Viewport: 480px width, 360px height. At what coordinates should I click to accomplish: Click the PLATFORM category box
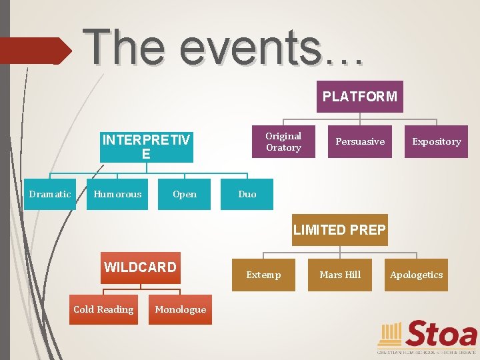tap(360, 97)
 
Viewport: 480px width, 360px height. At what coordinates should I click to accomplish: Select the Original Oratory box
tap(283, 141)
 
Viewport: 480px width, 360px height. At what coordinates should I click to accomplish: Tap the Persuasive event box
tap(360, 141)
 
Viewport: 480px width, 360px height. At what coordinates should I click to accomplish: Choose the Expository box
tap(437, 141)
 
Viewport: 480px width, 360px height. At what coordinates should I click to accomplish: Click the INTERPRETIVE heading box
tap(146, 147)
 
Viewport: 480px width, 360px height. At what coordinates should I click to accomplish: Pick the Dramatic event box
tap(50, 194)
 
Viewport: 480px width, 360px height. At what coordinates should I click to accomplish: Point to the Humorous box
tap(117, 194)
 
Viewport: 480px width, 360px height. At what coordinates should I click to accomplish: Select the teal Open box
tap(184, 194)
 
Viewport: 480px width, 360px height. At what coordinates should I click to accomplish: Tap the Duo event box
tap(247, 194)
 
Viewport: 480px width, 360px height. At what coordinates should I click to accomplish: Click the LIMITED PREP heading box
tap(339, 230)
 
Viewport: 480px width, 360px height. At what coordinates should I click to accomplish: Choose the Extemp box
tap(263, 275)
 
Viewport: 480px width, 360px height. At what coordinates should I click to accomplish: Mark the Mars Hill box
tap(340, 275)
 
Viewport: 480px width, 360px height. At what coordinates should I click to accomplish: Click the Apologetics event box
tap(417, 275)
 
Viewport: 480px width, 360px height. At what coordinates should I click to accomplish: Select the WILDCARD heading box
tap(140, 267)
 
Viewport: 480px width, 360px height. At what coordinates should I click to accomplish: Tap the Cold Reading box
tap(103, 309)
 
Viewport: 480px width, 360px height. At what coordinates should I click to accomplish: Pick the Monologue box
tap(180, 309)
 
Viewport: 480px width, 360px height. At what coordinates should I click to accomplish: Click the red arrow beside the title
tap(35, 51)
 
